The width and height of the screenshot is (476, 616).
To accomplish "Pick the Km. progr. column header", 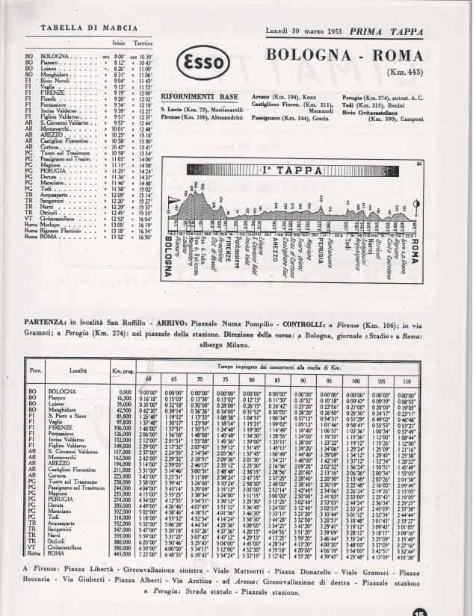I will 123,371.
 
